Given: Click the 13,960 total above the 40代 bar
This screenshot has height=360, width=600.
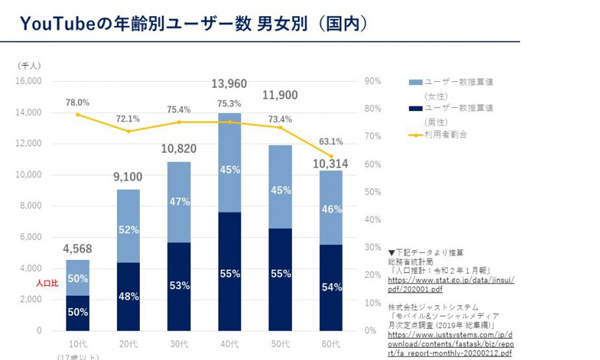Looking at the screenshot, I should pyautogui.click(x=229, y=84).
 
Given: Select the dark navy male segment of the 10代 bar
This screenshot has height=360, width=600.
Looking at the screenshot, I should pyautogui.click(x=78, y=313).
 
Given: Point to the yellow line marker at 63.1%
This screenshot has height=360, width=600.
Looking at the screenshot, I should pyautogui.click(x=331, y=156).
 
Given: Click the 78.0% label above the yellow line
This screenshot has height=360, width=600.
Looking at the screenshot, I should pyautogui.click(x=78, y=103).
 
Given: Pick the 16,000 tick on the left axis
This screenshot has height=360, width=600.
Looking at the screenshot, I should pyautogui.click(x=28, y=81).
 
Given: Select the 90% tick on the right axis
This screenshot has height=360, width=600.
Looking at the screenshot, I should pyautogui.click(x=372, y=81).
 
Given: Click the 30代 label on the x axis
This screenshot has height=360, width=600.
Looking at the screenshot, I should pyautogui.click(x=179, y=344).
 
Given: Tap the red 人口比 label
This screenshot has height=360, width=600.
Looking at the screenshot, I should pyautogui.click(x=47, y=283).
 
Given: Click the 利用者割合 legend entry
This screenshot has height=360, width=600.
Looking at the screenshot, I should pyautogui.click(x=445, y=135).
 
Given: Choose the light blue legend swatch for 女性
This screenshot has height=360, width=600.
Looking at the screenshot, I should pyautogui.click(x=416, y=82).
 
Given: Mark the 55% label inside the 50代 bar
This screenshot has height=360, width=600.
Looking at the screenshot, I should pyautogui.click(x=281, y=274).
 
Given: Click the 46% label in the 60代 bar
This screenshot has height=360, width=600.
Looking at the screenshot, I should pyautogui.click(x=332, y=209).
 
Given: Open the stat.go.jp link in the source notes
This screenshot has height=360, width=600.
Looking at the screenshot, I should pyautogui.click(x=451, y=284).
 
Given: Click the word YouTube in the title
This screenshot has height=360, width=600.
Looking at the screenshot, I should pyautogui.click(x=58, y=24).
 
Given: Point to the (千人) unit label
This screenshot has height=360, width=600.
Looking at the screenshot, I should pyautogui.click(x=29, y=66).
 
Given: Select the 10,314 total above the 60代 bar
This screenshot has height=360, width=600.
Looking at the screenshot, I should pyautogui.click(x=330, y=164).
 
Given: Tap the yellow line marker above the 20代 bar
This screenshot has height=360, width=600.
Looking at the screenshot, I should pyautogui.click(x=128, y=131).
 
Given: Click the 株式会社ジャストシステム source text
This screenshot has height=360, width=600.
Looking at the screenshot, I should pyautogui.click(x=433, y=307).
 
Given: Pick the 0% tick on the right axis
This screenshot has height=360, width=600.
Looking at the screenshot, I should pyautogui.click(x=370, y=330).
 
